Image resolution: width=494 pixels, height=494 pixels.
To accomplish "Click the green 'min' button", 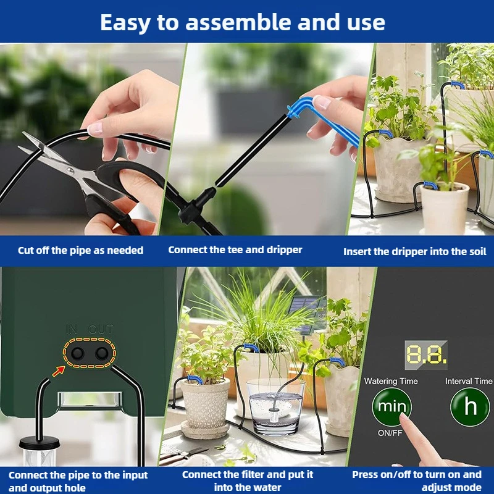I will [x=392, y=408].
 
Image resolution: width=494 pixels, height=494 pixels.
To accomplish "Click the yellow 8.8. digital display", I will [x=425, y=354].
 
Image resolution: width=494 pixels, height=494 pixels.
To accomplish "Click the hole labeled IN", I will [x=77, y=353].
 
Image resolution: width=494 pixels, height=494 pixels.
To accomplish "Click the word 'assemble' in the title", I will [x=248, y=22].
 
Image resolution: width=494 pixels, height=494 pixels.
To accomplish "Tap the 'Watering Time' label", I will [x=391, y=381].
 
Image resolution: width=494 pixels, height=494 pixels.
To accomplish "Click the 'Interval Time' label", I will [x=469, y=381].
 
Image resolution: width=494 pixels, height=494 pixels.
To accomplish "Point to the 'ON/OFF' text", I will [x=391, y=433].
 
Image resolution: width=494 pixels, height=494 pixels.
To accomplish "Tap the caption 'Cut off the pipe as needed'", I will [x=80, y=250].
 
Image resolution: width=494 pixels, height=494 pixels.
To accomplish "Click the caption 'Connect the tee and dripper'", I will [x=235, y=250].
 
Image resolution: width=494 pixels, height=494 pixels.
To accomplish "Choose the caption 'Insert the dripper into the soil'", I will [x=414, y=251].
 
